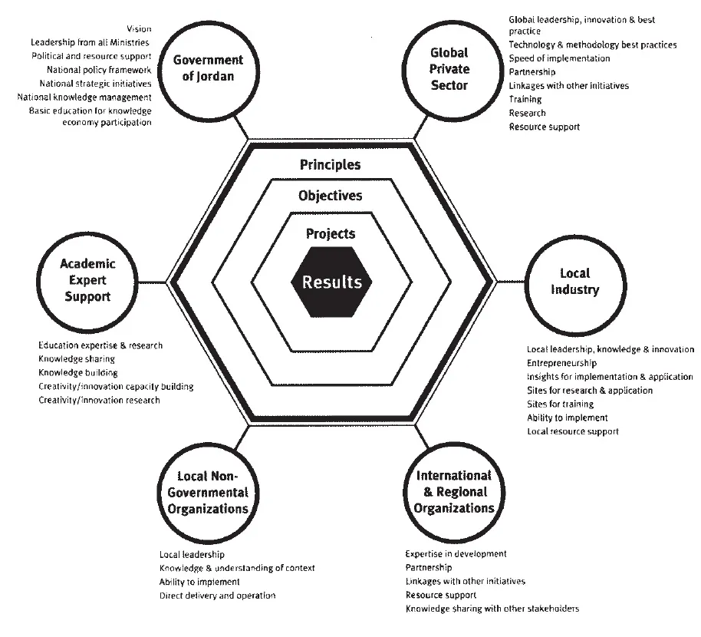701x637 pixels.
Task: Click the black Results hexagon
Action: [x=331, y=282]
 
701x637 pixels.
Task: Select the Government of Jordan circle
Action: [x=207, y=68]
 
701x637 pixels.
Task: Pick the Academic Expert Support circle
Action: [x=87, y=280]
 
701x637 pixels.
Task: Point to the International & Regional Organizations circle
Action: [x=453, y=492]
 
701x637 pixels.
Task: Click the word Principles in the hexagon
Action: [x=330, y=165]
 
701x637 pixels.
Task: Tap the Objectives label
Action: [x=330, y=196]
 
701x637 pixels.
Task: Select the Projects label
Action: [x=330, y=233]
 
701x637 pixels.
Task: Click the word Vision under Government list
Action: [x=139, y=28]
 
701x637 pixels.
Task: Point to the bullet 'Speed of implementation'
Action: [x=559, y=58]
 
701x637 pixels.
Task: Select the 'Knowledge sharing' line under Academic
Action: [x=77, y=358]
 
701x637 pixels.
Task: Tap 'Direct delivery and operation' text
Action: [x=217, y=595]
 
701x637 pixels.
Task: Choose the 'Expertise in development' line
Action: [x=456, y=553]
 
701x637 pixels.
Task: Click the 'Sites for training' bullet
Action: [x=561, y=404]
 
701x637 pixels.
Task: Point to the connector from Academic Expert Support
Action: [x=153, y=281]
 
